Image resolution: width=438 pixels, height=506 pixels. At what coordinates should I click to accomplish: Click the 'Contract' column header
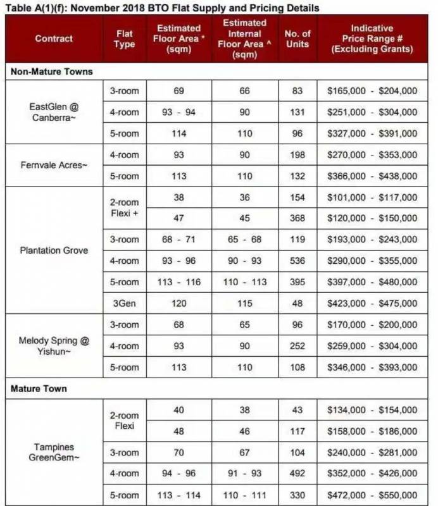[x=54, y=39]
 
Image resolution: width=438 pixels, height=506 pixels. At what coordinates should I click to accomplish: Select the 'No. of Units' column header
[x=297, y=39]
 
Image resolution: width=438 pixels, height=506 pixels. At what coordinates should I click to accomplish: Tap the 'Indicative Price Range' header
[x=372, y=39]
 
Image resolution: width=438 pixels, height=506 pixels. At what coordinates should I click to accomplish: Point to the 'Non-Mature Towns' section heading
[x=52, y=71]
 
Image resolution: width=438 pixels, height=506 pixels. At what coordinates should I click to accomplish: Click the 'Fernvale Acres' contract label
[x=54, y=165]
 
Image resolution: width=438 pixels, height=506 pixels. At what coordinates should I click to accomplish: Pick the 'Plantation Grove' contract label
[x=54, y=250]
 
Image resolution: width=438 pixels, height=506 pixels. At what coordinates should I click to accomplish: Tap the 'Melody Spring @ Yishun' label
[x=54, y=346]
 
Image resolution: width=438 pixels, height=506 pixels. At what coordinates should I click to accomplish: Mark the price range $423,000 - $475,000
[x=372, y=304]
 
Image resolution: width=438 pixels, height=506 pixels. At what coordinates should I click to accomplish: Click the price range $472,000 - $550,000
[x=372, y=495]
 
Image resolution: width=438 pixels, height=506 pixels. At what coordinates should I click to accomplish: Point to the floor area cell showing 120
[x=178, y=304]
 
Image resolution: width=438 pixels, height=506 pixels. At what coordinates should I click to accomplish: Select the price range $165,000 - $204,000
[x=372, y=91]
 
